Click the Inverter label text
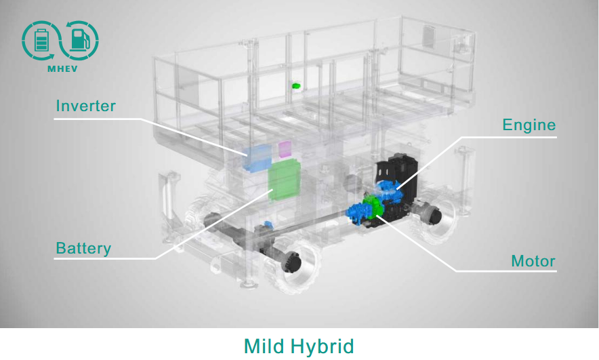85,106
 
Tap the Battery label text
83,248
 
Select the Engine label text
529,125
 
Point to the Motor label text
533,261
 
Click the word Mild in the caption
263,346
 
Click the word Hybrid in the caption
323,347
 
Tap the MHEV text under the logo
62,69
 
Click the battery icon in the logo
41,41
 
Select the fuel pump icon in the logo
80,40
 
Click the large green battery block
284,180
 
